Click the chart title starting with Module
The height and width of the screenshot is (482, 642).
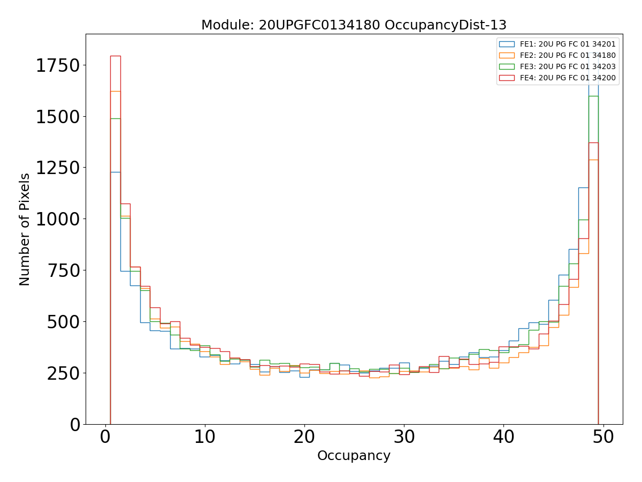[x=354, y=25]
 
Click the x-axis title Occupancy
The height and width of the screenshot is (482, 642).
[x=354, y=456]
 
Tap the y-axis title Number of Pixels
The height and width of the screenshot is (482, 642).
[x=25, y=229]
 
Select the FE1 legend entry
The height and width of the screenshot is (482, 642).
[x=568, y=44]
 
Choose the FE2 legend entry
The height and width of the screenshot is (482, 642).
[x=568, y=56]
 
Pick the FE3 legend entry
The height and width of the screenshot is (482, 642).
[x=568, y=67]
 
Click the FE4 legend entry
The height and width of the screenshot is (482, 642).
[x=568, y=78]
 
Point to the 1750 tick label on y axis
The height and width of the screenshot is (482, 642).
[x=57, y=66]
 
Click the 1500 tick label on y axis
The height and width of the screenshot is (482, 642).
[x=57, y=117]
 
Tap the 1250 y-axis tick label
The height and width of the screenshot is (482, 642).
[x=57, y=168]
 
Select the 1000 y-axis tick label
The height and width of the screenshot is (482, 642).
[x=57, y=220]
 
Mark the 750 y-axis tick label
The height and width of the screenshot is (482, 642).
[x=63, y=270]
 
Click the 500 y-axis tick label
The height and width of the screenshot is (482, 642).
[x=63, y=322]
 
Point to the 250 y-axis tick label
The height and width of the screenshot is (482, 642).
[x=63, y=373]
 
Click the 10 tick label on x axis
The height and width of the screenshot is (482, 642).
[x=205, y=437]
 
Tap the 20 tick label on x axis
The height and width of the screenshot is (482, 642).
[x=304, y=437]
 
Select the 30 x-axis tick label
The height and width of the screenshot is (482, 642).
[x=404, y=437]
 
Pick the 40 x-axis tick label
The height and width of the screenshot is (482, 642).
[x=503, y=437]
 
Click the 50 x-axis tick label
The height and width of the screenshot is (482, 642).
[x=603, y=437]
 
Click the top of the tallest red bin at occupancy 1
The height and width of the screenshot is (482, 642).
[x=116, y=56]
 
